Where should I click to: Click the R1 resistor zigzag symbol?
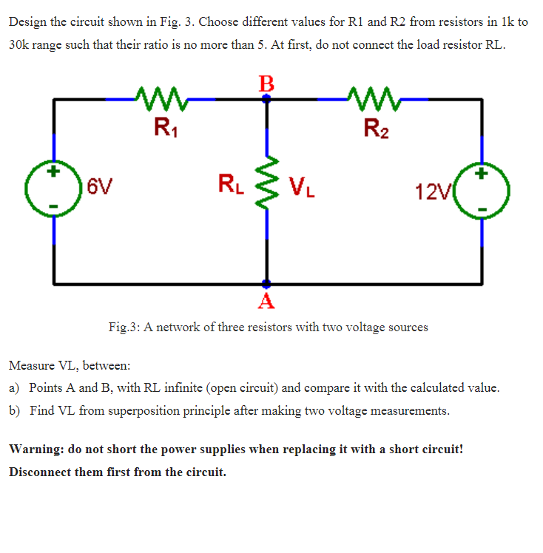tap(161, 97)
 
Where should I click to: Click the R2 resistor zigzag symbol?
tap(372, 97)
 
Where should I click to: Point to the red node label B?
tap(266, 81)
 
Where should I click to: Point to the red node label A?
tap(266, 300)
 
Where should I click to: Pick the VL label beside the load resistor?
tap(303, 184)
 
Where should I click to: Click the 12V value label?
tap(431, 193)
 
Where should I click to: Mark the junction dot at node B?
tap(266, 98)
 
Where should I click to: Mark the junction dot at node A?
tap(266, 283)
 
